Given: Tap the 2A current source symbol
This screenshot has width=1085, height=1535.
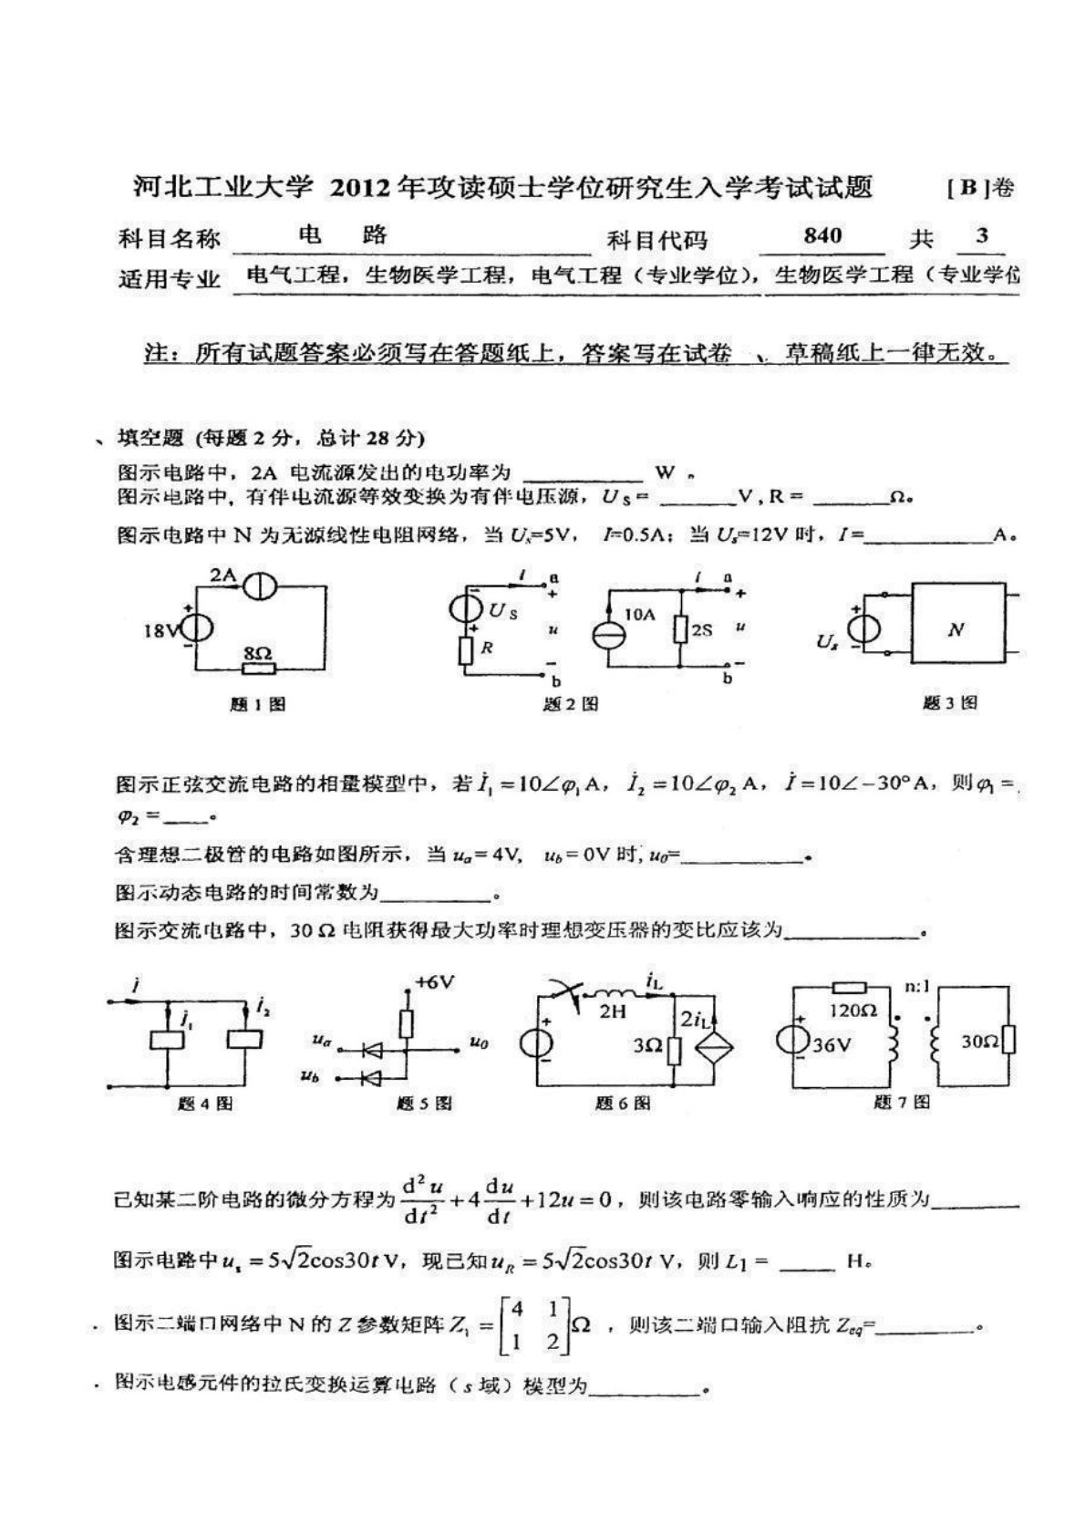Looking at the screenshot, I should [259, 587].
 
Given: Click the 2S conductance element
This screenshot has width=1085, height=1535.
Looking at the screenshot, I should [680, 628].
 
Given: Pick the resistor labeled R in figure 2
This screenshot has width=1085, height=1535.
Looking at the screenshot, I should [465, 648].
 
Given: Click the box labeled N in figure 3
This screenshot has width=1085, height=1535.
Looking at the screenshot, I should [956, 629].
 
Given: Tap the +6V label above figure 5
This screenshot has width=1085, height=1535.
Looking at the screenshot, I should [434, 981].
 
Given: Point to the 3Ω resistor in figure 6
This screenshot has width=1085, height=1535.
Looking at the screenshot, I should [673, 1049].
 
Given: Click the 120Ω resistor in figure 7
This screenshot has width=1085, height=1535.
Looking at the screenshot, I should [852, 988].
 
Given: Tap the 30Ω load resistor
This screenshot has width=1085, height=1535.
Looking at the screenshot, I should [1007, 1040].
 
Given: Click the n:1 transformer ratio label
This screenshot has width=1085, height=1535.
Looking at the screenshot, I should [917, 986].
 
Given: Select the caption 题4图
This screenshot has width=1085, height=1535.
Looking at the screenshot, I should [205, 1103].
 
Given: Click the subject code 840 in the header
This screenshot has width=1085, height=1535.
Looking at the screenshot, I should [822, 235].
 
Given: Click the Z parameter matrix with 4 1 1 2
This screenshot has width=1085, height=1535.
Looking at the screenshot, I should [534, 1325].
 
